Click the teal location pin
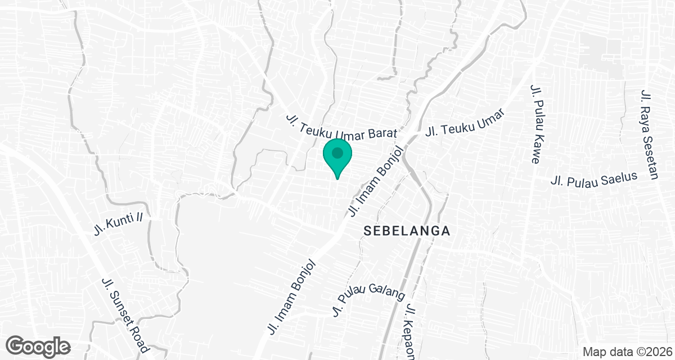tap(337, 157)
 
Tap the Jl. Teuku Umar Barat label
tap(342, 127)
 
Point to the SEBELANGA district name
tap(407, 231)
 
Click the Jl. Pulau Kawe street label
tap(535, 124)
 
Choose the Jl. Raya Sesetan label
tap(649, 134)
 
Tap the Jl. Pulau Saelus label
tap(595, 179)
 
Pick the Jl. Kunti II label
tap(121, 224)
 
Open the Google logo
tap(38, 346)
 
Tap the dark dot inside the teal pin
tap(337, 152)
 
